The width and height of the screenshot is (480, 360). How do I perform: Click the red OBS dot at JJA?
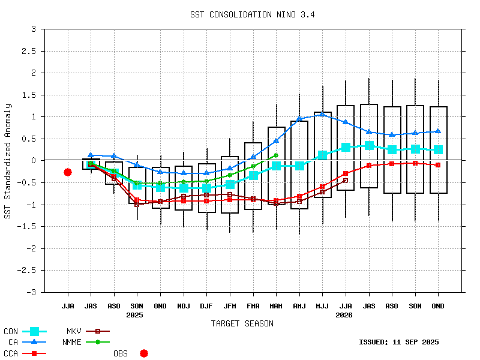(x=68, y=172)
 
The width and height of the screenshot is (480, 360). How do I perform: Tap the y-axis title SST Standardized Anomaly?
(x=8, y=161)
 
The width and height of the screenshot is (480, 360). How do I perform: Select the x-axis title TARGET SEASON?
(x=242, y=323)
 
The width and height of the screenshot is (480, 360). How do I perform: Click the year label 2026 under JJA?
(x=344, y=314)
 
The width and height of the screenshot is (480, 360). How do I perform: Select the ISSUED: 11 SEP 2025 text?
(x=398, y=342)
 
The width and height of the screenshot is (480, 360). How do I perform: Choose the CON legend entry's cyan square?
(x=34, y=331)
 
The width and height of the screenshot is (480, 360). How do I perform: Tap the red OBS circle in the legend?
(x=144, y=353)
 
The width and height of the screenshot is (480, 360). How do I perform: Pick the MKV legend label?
(x=74, y=331)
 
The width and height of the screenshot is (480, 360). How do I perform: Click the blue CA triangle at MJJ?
(x=322, y=114)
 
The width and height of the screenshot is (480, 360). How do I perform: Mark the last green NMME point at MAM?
(x=276, y=155)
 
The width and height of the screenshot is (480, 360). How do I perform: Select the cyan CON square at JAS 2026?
(x=369, y=145)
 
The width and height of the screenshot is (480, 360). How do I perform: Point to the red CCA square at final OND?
(x=439, y=164)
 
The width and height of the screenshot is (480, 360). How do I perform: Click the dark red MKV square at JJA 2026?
(x=346, y=180)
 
